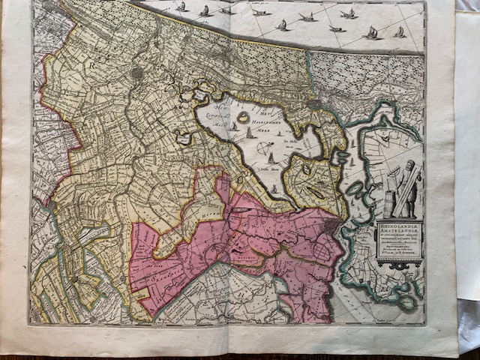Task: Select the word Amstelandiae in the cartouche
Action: coord(395,231)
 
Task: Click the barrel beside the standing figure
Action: coord(391,204)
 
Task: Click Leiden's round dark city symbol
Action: coord(136,73)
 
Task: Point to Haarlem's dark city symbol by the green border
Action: coord(314,104)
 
